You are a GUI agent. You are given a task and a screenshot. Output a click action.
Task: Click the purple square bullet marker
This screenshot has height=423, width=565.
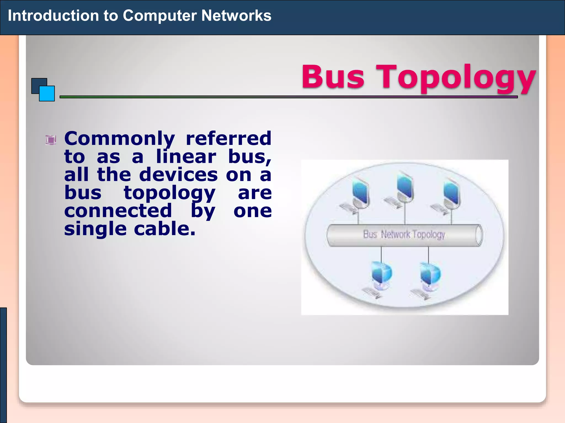coord(51,140)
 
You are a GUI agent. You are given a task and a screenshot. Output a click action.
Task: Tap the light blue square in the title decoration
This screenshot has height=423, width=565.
coord(47,94)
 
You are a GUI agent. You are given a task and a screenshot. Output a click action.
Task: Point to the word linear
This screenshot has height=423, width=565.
coord(186,157)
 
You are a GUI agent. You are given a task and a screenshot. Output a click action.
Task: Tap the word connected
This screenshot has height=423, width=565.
coord(118,211)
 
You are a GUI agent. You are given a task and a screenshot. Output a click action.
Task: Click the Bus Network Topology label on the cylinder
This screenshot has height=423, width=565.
coord(404,234)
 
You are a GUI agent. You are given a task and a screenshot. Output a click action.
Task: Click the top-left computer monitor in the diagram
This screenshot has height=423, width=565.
coord(360,193)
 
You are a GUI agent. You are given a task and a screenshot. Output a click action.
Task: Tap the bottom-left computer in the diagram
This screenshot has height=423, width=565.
coord(381,275)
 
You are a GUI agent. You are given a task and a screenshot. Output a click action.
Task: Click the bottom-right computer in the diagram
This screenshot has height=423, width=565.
coord(430,275)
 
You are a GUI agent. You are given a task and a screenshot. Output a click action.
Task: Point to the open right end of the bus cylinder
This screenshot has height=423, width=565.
coord(479,235)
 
